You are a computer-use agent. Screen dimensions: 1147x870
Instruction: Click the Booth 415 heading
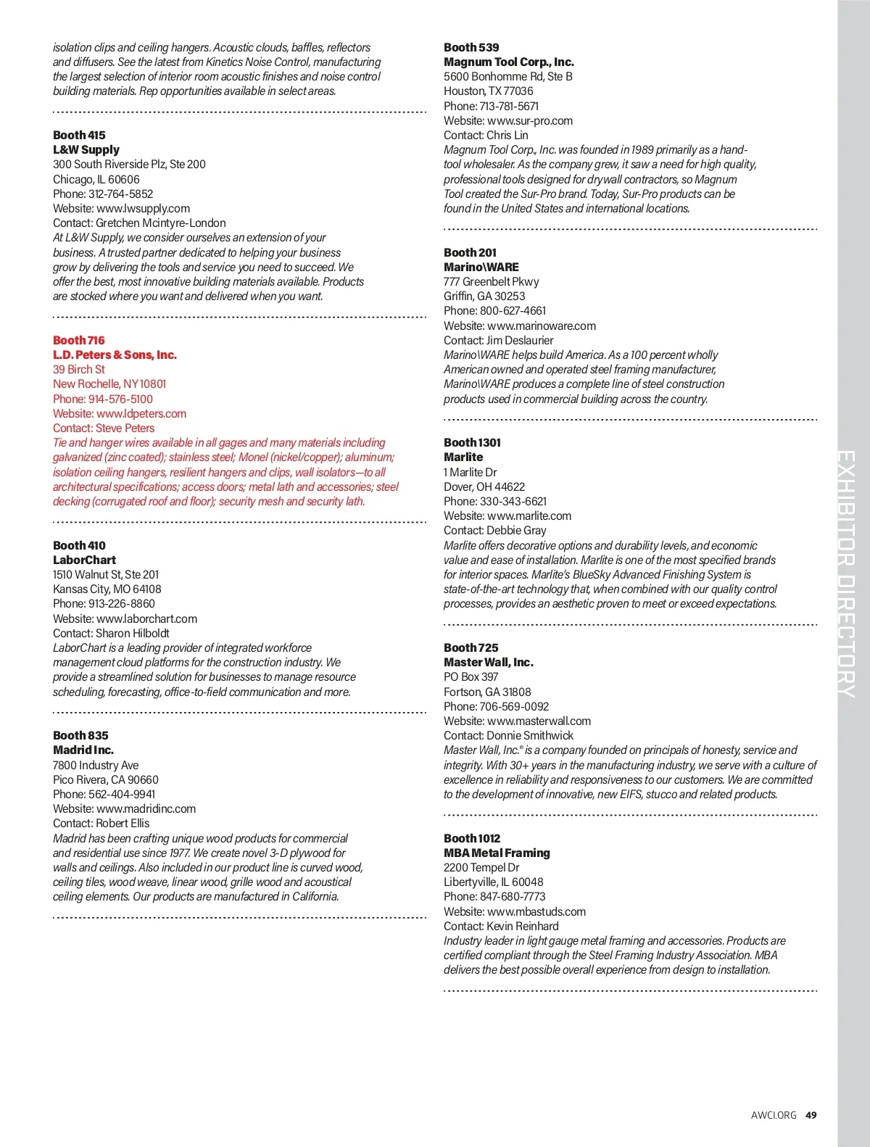coord(79,135)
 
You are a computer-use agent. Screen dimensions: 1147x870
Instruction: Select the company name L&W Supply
coord(86,149)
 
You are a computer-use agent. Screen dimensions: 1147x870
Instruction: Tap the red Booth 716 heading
coord(78,340)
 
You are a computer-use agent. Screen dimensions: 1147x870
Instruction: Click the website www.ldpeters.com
coord(141,413)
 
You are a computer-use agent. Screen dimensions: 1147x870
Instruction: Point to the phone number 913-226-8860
coord(121,603)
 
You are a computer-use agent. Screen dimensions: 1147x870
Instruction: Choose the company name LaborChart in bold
coord(84,560)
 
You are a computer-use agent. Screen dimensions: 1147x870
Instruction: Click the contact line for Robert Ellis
coord(101,823)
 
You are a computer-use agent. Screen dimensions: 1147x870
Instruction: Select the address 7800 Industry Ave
coord(96,765)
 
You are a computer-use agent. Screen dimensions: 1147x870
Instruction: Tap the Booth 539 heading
coord(471,47)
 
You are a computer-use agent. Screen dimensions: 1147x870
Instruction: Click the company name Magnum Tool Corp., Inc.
coord(509,62)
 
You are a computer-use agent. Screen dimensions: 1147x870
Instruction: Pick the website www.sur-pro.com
coord(530,120)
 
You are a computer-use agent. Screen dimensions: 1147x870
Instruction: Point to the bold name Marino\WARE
coord(481,267)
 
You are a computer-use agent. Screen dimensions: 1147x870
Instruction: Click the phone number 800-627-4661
coord(513,310)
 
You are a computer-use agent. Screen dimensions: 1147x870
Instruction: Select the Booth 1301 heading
coord(472,442)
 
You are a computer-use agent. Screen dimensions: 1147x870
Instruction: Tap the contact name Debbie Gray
coord(516,530)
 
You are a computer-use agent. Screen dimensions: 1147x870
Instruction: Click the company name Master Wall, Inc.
coord(489,662)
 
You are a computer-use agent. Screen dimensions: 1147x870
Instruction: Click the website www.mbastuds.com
coord(536,911)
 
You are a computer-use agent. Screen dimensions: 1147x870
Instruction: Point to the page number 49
coord(811,1115)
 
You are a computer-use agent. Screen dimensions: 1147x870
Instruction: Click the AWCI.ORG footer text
coord(774,1115)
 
